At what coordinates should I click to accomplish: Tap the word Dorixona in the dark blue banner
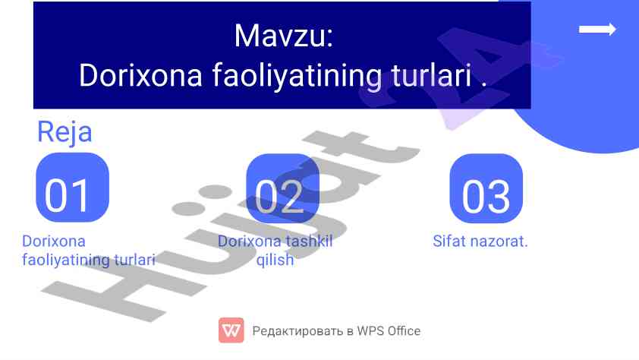point(140,75)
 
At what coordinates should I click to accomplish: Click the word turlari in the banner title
point(431,75)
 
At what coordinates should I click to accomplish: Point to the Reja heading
point(65,132)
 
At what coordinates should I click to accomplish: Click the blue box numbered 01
point(73,188)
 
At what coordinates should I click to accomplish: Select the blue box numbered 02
point(282,188)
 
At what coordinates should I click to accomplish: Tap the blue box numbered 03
point(486,188)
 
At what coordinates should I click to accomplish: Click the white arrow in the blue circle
point(597,30)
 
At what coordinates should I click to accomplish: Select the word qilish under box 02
point(275,260)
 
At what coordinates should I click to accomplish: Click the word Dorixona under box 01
point(54,241)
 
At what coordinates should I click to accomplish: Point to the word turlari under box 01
point(134,259)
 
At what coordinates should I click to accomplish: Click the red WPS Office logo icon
point(231,330)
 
